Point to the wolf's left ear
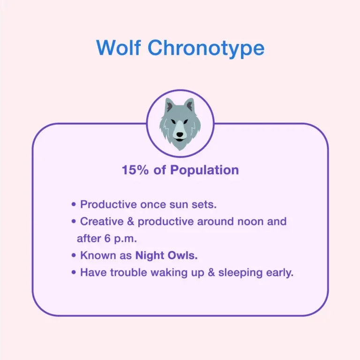(x=168, y=106)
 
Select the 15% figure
(x=135, y=170)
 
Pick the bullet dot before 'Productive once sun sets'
(x=74, y=205)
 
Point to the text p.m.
(x=125, y=239)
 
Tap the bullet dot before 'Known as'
(x=74, y=256)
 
